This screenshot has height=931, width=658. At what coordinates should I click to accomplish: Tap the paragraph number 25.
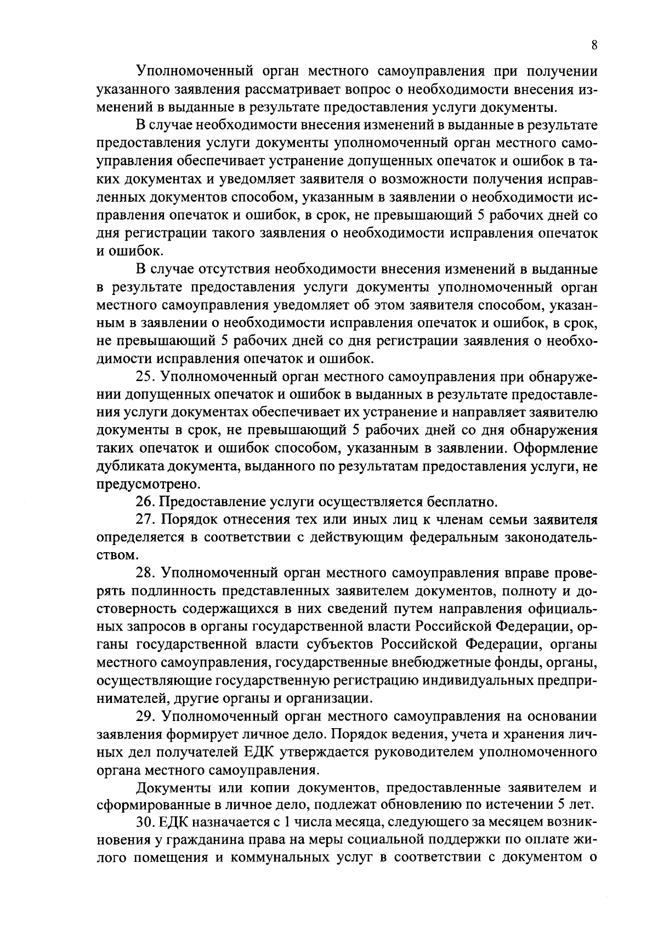coord(145,378)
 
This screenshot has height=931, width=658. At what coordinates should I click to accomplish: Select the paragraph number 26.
coord(145,502)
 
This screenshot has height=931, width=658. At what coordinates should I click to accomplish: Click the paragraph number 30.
coord(145,822)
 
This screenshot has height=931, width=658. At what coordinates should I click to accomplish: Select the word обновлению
coord(444,805)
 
